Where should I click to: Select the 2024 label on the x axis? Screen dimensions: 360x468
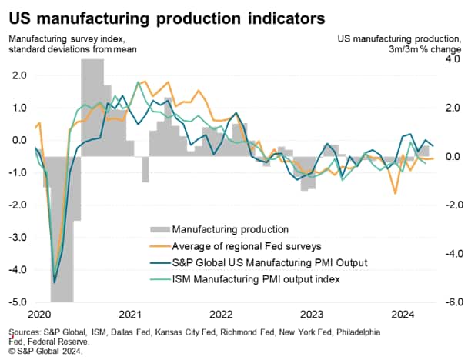pos(400,314)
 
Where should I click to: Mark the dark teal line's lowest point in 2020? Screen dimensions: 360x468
pos(54,282)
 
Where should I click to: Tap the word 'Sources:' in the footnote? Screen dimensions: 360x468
pos(25,332)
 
